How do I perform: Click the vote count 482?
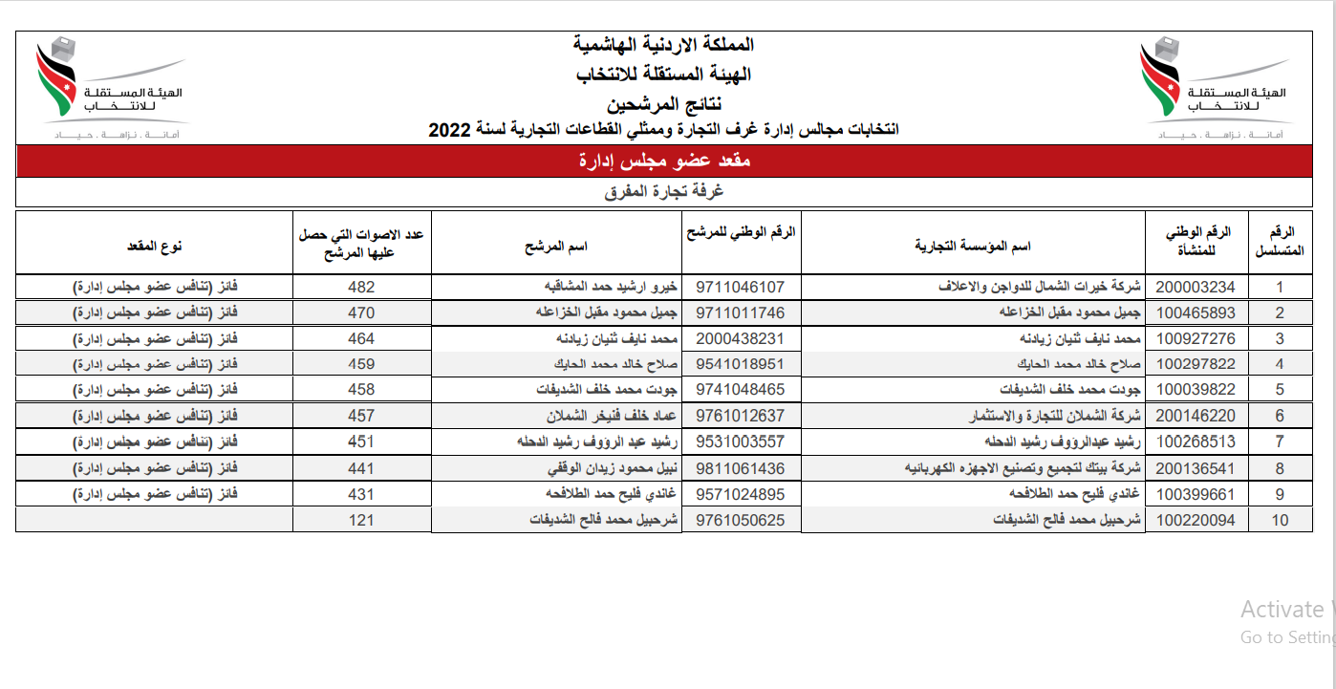point(361,287)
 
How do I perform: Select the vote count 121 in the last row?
point(361,520)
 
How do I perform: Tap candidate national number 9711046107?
point(741,287)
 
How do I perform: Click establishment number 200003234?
point(1196,287)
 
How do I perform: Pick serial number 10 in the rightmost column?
point(1280,520)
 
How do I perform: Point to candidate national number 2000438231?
point(741,338)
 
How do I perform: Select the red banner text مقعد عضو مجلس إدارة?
point(665,161)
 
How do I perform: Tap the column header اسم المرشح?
point(555,247)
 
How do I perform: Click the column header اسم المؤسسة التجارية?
point(973,247)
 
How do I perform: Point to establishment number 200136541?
point(1196,468)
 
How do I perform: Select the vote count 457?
point(361,416)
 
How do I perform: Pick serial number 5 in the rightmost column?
point(1280,390)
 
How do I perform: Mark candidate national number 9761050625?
point(741,520)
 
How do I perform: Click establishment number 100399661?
point(1196,494)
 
